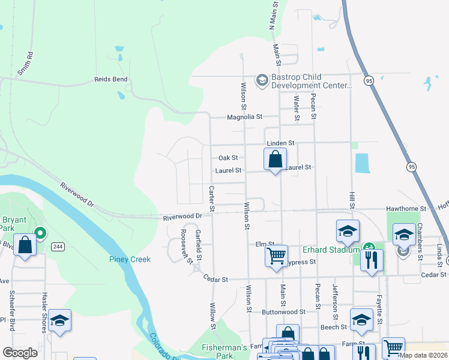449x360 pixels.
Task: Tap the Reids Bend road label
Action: coord(111,79)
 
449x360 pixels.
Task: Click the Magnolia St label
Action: coord(244,117)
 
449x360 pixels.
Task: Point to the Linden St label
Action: coord(281,143)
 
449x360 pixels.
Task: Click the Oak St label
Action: coord(228,158)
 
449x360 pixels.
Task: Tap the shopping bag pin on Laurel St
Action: coord(275,160)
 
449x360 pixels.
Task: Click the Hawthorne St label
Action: coord(406,209)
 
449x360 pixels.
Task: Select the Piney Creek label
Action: coord(130,259)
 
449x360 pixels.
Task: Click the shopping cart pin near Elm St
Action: coord(276,256)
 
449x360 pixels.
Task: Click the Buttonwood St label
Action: coord(283,312)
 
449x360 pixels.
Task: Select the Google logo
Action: coord(20,353)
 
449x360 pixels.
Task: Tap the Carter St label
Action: coord(211,199)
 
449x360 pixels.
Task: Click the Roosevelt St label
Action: coord(187,247)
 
